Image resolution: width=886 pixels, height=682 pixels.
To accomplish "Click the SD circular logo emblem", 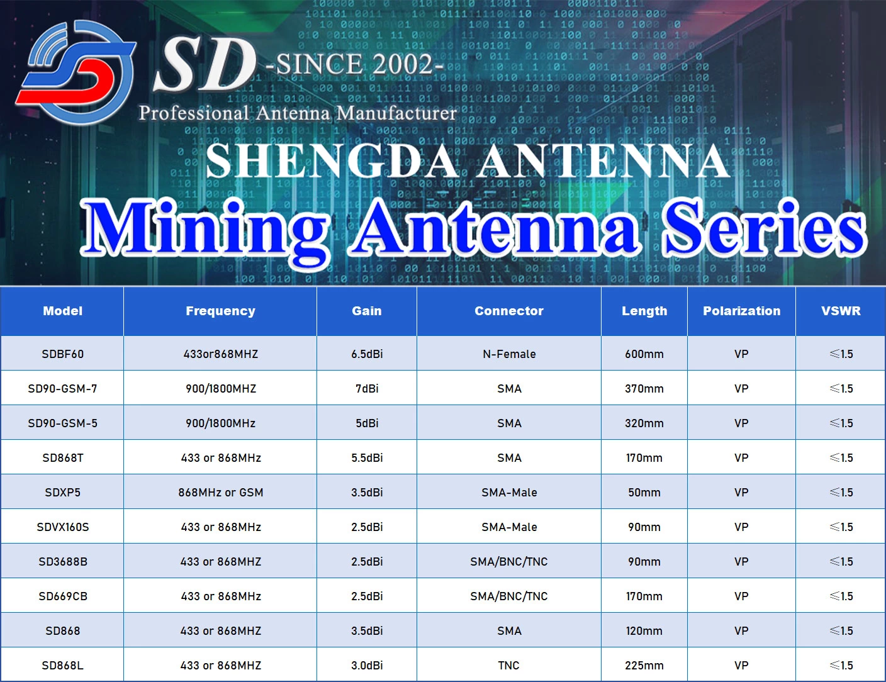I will (76, 72).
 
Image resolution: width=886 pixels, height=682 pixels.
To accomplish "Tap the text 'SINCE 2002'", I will (356, 64).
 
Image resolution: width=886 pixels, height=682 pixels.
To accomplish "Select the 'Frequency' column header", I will (220, 311).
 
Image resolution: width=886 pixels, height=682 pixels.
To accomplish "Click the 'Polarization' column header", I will (741, 311).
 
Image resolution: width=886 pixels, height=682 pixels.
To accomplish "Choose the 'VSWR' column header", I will (841, 311).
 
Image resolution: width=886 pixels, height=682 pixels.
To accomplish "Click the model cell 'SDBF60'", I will (63, 354).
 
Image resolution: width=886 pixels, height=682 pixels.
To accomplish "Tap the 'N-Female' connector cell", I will (509, 354).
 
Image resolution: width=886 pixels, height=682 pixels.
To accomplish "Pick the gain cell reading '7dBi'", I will (367, 389).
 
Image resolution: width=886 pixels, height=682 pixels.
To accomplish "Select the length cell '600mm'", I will (644, 354).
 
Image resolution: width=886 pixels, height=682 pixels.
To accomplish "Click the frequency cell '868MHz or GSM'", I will (220, 493).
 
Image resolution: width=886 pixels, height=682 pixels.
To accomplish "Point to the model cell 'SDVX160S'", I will (63, 527).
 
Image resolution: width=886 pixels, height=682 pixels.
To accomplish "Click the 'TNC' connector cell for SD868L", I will (509, 666).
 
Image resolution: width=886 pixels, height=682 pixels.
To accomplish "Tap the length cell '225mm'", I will (644, 666).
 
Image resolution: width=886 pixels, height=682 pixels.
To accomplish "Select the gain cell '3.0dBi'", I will (367, 666).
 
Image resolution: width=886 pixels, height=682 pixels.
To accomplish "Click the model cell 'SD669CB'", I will (63, 596).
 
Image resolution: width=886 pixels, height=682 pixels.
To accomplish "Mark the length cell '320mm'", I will (644, 423).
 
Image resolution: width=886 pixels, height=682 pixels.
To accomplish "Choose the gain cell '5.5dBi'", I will (367, 458).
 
